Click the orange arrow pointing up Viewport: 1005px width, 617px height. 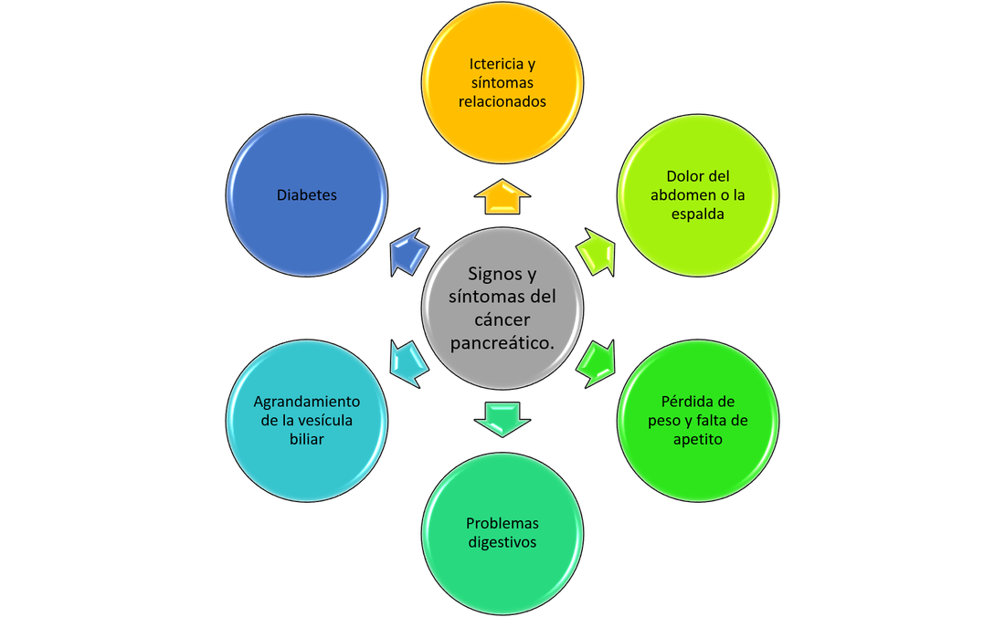[x=503, y=196]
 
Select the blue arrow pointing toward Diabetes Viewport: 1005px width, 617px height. [x=409, y=252]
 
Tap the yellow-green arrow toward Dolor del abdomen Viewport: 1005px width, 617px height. [x=596, y=252]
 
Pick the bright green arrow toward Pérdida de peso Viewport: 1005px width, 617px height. [x=596, y=363]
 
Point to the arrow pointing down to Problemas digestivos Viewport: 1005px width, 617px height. [x=503, y=420]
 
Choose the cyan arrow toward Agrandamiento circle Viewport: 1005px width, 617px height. [x=409, y=363]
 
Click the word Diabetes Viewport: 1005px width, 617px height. [x=307, y=195]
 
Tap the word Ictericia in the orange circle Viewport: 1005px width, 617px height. [x=494, y=64]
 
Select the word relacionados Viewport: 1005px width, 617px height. [x=503, y=101]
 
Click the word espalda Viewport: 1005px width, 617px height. [x=698, y=214]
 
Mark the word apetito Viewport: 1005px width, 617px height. [x=698, y=440]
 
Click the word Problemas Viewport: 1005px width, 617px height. [x=503, y=524]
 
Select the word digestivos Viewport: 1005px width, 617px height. [x=503, y=543]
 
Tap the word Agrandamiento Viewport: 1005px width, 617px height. [x=307, y=402]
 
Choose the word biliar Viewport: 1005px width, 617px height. [x=307, y=440]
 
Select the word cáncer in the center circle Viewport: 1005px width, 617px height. [x=503, y=320]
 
